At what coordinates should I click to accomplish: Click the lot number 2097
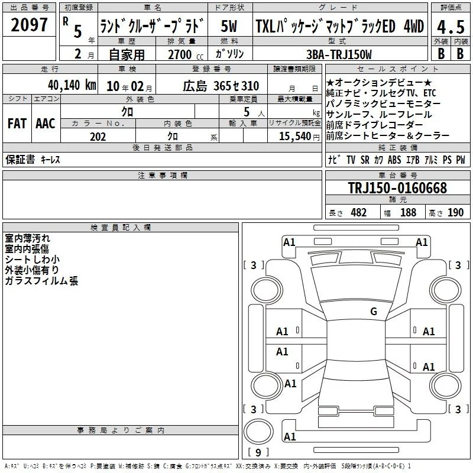tap(29, 25)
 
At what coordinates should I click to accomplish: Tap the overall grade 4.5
tap(451, 27)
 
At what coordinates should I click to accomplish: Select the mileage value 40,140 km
tap(72, 85)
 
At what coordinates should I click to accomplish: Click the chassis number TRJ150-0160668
tap(397, 187)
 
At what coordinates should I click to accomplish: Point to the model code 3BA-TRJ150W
tap(339, 54)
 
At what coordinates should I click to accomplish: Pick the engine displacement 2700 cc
tap(186, 54)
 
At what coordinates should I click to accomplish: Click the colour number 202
tap(98, 137)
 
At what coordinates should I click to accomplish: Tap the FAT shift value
tap(17, 124)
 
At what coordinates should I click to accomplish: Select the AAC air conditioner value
tap(46, 124)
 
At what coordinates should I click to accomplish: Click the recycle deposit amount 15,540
tap(294, 136)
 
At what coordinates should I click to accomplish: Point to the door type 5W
tap(229, 26)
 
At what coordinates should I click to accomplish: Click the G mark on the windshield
tap(374, 311)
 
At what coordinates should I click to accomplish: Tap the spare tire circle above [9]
tap(258, 432)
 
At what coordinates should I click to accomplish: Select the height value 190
tap(455, 212)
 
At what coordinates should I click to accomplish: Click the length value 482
tap(359, 212)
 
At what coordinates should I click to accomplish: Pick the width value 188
tap(408, 212)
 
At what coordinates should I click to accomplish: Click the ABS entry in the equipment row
tap(394, 160)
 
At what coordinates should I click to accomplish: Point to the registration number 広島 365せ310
tap(221, 86)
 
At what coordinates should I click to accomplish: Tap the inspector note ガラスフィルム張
tap(41, 281)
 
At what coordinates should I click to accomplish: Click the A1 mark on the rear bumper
tap(290, 436)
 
